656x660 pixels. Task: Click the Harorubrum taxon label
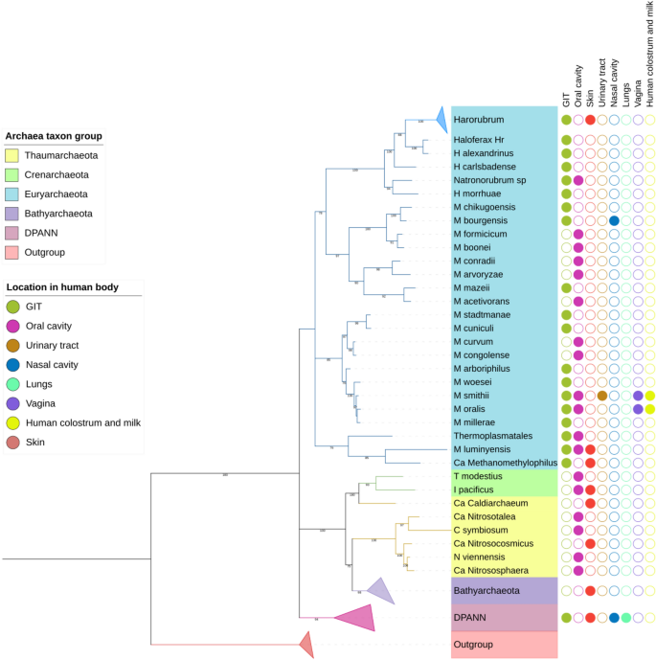(x=478, y=120)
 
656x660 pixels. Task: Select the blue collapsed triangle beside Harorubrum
(x=441, y=120)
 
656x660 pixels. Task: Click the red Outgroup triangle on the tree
(x=307, y=649)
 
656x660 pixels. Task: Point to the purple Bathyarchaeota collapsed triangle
(x=382, y=591)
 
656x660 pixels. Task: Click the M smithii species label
(x=472, y=395)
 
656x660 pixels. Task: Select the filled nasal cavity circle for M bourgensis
(x=614, y=221)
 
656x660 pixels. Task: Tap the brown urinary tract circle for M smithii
(x=601, y=395)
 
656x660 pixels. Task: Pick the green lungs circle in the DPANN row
(x=625, y=618)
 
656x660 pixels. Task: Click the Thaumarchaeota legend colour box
(x=12, y=154)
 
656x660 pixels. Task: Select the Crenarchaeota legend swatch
(x=12, y=174)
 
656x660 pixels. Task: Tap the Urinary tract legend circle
(x=12, y=345)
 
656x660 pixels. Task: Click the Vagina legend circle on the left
(x=12, y=403)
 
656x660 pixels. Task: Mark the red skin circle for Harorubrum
(x=590, y=120)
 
